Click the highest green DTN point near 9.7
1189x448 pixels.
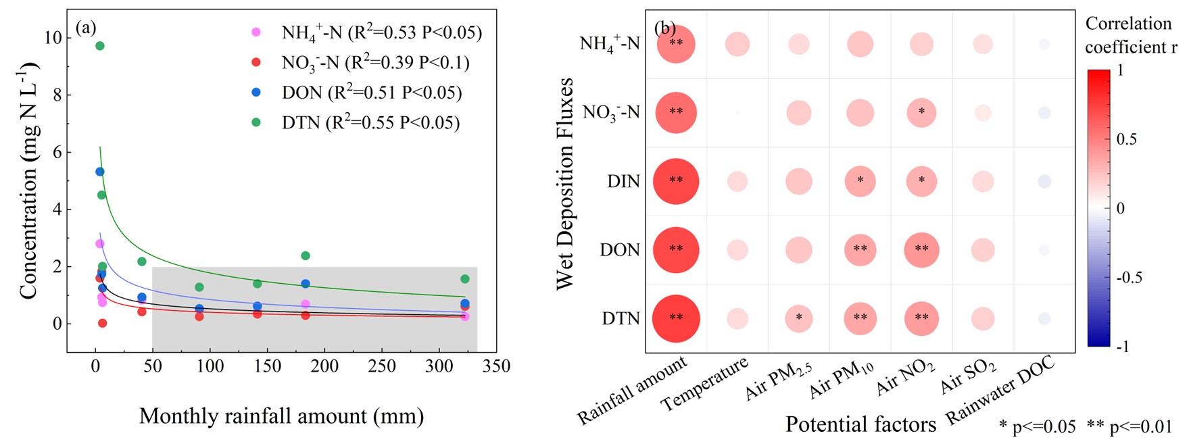[100, 46]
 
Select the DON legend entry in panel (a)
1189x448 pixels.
[371, 93]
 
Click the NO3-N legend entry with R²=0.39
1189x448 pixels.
[374, 63]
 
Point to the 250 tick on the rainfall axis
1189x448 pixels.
[382, 366]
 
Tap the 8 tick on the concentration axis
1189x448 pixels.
[57, 95]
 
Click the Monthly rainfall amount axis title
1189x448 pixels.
[281, 416]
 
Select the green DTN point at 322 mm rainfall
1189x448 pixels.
[465, 279]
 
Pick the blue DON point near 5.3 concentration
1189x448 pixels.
[100, 172]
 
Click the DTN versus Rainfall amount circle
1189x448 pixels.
[676, 318]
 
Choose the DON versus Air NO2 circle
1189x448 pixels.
[921, 249]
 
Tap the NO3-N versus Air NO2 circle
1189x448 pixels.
[921, 112]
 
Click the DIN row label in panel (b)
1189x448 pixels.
[623, 182]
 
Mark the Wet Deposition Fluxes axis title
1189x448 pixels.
[565, 184]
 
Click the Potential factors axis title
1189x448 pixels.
[860, 424]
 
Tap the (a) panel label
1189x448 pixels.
[87, 27]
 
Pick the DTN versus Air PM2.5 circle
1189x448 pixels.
[798, 318]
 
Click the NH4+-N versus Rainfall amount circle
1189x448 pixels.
[676, 44]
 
